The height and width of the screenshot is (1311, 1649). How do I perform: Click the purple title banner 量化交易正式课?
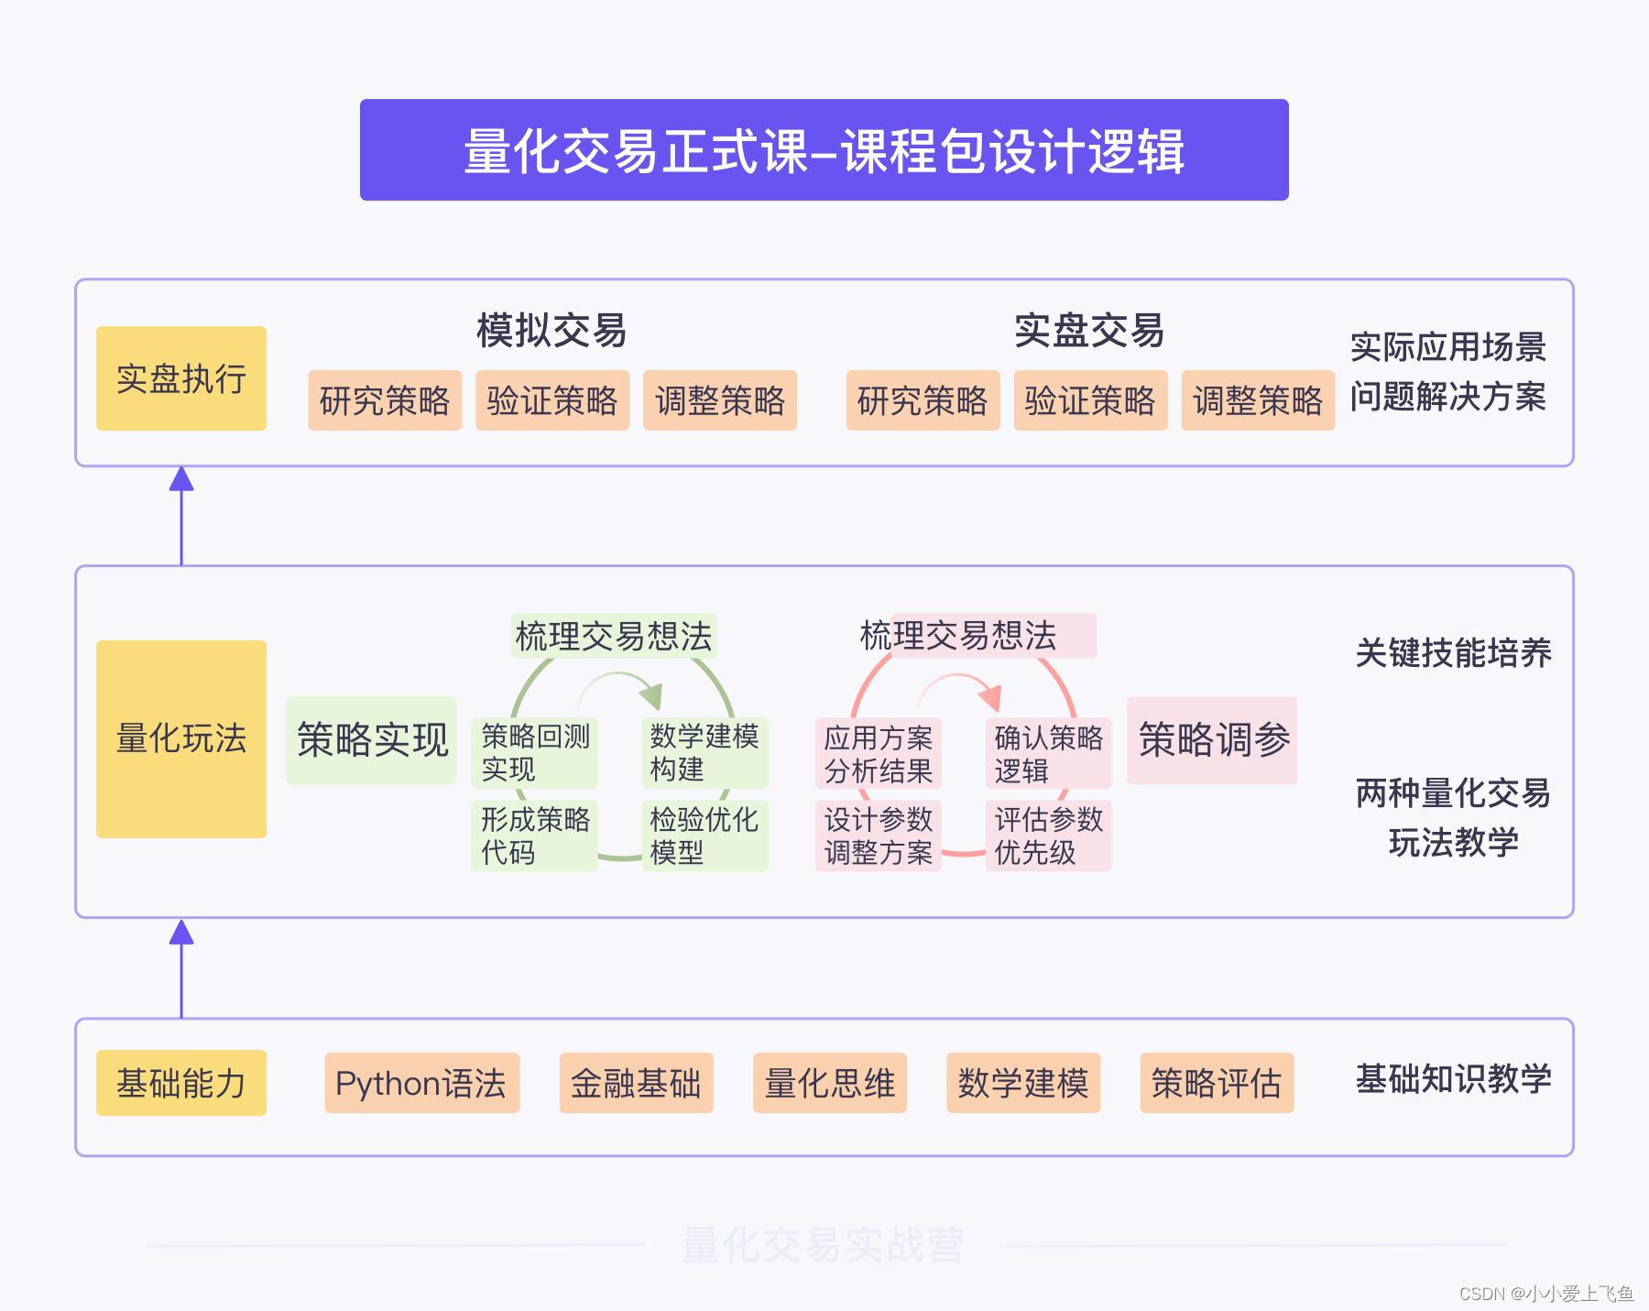pos(824,150)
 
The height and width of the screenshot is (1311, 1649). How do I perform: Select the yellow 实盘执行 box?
pos(181,378)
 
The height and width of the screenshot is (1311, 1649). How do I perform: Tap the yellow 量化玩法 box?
pos(181,738)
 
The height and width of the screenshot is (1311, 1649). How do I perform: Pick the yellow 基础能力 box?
pos(181,1083)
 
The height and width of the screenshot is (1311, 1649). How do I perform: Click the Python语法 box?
pos(421,1083)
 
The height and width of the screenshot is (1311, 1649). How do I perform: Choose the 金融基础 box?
pos(636,1083)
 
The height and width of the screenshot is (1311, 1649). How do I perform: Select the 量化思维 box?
pos(829,1083)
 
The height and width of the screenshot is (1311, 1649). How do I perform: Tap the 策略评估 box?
pos(1216,1083)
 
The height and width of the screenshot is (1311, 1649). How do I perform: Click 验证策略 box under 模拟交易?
pos(552,400)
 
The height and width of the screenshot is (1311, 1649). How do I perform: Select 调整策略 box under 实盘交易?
pos(1258,400)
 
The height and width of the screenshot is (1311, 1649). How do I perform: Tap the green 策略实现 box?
pos(371,740)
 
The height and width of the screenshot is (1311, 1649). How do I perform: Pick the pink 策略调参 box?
pos(1212,740)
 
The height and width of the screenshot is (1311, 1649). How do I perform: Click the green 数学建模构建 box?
pos(704,753)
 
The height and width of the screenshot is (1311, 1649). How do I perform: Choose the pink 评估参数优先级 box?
pos(1048,836)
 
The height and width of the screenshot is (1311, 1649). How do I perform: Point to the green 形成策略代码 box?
pos(535,836)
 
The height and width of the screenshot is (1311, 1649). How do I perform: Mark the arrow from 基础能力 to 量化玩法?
pos(181,968)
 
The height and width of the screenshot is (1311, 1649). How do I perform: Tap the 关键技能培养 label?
pos(1453,653)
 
